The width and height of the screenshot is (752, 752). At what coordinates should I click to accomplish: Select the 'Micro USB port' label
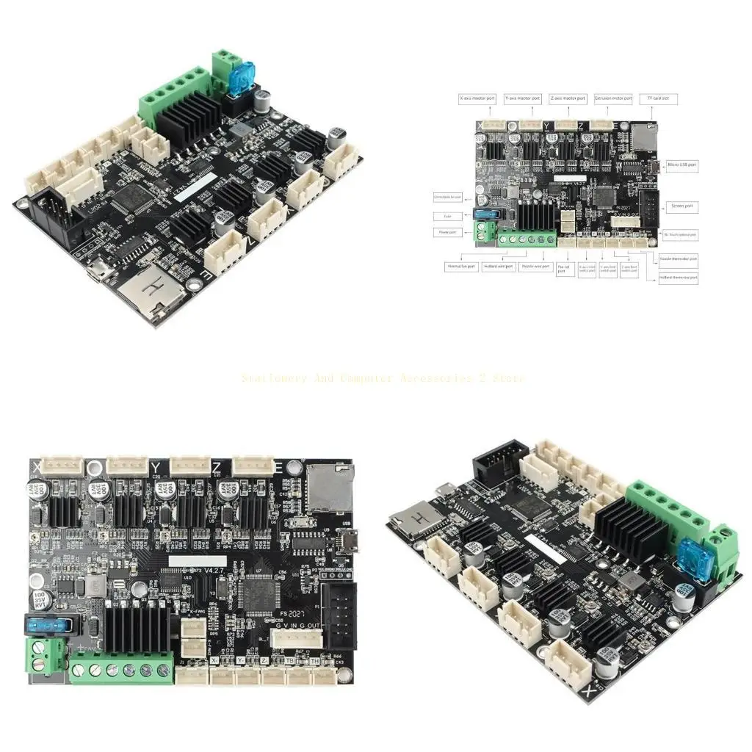coord(681,165)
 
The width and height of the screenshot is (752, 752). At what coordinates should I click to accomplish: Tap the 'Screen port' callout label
coord(681,206)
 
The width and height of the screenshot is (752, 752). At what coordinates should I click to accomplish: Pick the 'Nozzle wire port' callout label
coord(536,267)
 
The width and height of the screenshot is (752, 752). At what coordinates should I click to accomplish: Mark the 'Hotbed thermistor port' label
coord(679,278)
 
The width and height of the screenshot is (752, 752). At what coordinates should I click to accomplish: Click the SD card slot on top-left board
coord(151,292)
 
